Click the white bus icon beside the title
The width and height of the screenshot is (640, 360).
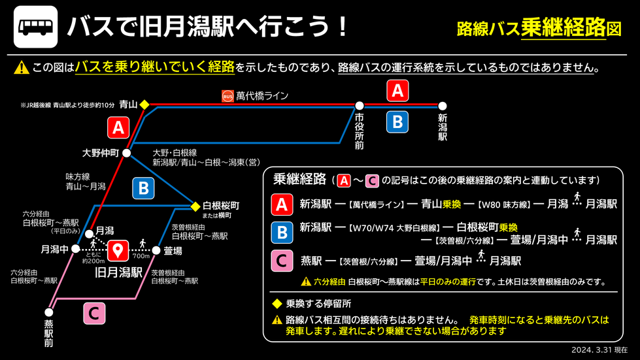point(35,27)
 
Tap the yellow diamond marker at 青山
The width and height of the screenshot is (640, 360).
point(144,104)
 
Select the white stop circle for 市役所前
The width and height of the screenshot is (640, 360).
point(360,105)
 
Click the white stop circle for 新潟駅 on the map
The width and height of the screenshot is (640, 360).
point(443,105)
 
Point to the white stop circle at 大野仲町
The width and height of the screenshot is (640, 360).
point(127,154)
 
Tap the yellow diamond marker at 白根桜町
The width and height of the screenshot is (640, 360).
point(195,207)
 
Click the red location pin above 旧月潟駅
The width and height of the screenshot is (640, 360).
point(118,250)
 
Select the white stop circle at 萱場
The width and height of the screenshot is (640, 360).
point(157,250)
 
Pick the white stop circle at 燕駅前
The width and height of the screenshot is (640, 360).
point(48,312)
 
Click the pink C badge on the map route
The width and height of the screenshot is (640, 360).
point(94,313)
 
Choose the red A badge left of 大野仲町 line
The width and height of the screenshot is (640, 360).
point(118,127)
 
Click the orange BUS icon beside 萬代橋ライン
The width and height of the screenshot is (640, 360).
point(227,96)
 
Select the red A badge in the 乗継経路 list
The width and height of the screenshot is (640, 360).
point(282,205)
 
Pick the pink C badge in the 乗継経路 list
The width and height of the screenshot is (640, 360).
point(282,261)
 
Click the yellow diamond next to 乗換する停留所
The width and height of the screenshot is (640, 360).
point(277,304)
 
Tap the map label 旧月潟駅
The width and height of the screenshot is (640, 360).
point(119,272)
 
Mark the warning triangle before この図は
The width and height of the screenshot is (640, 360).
point(22,67)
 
